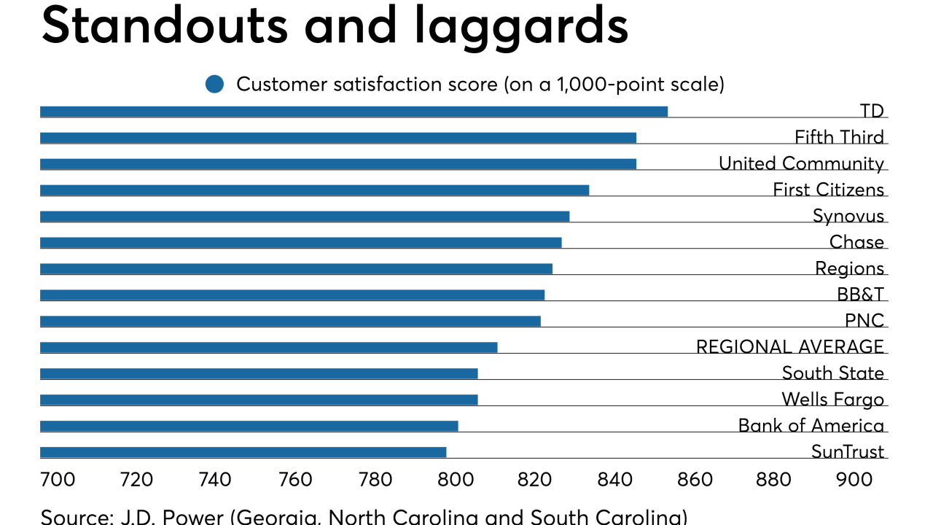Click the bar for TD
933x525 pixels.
point(354,112)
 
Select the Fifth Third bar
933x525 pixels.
point(338,138)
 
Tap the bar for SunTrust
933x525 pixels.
point(243,452)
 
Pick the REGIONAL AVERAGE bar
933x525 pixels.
point(268,347)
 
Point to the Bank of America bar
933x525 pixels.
point(249,426)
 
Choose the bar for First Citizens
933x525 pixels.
point(314,190)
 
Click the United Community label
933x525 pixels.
point(801,163)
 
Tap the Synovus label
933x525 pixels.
point(848,216)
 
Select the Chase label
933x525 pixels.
point(856,242)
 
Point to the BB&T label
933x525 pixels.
point(860,295)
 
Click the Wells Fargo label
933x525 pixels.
point(832,400)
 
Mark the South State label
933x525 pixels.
point(832,373)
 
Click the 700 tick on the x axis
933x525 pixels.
point(58,479)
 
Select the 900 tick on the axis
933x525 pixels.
point(854,479)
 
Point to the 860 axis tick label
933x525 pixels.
point(695,479)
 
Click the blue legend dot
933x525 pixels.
point(214,85)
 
